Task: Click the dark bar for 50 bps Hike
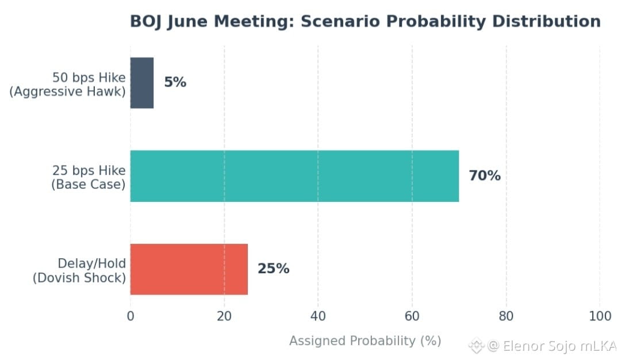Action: coord(142,83)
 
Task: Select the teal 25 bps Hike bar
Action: coord(294,176)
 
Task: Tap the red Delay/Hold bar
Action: coord(189,269)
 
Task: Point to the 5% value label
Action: coord(175,82)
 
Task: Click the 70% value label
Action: coord(485,175)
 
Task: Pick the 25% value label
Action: coord(273,269)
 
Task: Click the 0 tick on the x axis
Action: coord(131,316)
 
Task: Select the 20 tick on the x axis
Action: coord(224,316)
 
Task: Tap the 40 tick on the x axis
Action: coord(318,316)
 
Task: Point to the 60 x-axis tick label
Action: coord(412,316)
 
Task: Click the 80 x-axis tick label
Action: coord(506,316)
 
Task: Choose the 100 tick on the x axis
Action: coord(600,316)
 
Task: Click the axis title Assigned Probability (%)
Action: coord(365,340)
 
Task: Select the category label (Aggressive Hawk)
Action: coord(67,91)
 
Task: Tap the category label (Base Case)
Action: coord(89,185)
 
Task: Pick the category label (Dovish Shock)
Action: coord(79,278)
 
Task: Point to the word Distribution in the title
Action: coord(547,21)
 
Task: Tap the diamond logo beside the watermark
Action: coord(477,346)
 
